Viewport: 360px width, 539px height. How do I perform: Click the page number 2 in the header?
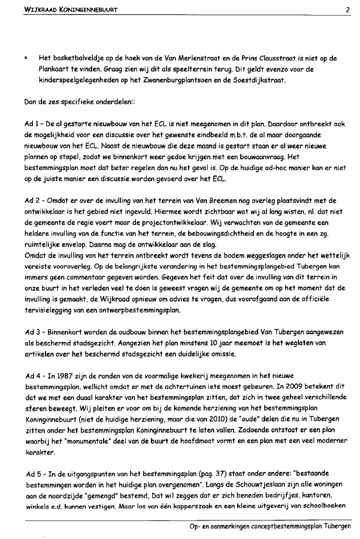point(347,10)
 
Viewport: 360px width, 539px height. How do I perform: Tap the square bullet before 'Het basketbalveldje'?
point(26,59)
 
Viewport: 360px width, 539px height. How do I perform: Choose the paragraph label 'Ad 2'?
point(32,201)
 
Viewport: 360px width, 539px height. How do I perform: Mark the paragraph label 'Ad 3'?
point(32,331)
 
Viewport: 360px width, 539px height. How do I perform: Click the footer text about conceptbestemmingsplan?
point(270,526)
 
